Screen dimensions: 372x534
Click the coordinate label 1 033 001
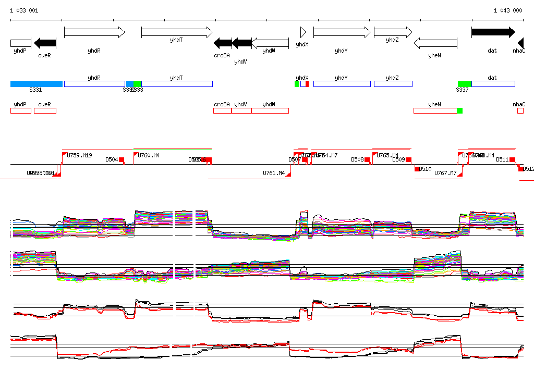(24, 10)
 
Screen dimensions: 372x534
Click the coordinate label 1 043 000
(508, 10)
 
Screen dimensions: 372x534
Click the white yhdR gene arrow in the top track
(94, 32)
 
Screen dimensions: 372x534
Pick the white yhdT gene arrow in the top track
(177, 32)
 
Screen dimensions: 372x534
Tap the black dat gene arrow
(493, 32)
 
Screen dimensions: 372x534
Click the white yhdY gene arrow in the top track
(341, 32)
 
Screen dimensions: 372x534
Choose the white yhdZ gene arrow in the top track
(393, 32)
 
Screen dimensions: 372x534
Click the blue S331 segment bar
(37, 84)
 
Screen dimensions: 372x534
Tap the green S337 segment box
(465, 84)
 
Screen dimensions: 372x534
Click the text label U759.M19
(79, 155)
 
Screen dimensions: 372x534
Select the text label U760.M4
(149, 155)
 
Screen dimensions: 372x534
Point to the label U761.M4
(274, 173)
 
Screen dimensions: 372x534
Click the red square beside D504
(122, 159)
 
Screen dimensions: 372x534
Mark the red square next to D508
(367, 159)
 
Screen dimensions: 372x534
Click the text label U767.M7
(445, 173)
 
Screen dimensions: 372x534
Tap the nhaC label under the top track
(519, 51)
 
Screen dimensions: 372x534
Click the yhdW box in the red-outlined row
(270, 110)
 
